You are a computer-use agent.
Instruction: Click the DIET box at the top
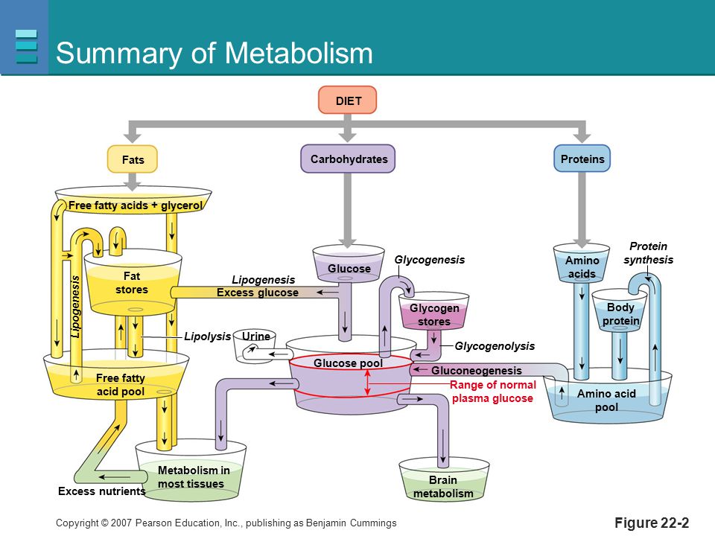(348, 100)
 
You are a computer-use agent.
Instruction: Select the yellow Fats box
(133, 159)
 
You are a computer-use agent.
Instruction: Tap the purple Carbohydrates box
(348, 159)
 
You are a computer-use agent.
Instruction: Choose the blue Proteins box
(582, 159)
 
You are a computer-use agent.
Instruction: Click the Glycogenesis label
(430, 260)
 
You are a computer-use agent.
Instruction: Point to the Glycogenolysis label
(495, 346)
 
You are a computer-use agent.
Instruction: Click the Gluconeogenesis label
(477, 371)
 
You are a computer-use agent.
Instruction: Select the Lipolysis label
(208, 336)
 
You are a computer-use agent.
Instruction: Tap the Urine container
(255, 346)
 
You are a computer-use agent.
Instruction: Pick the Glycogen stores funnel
(433, 311)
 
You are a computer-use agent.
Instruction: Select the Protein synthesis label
(648, 253)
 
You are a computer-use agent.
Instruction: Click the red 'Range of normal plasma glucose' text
(492, 392)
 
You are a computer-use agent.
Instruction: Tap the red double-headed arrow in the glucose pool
(367, 382)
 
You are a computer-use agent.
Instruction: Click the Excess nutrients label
(102, 491)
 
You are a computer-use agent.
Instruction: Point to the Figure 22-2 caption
(652, 523)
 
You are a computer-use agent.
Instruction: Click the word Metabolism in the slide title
(299, 53)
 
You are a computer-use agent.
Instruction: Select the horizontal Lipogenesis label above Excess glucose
(263, 280)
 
